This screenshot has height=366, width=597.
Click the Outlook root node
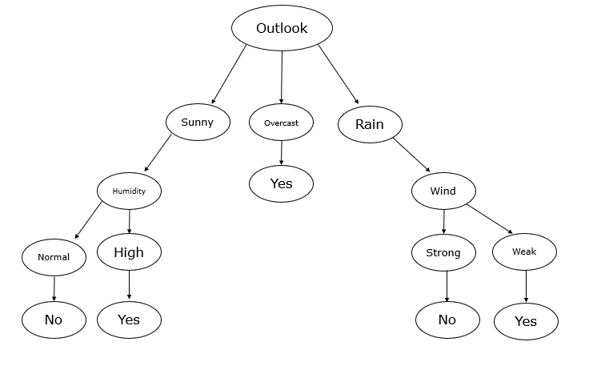tap(281, 28)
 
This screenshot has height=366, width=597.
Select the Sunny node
tap(198, 123)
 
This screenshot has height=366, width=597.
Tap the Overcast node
tap(281, 123)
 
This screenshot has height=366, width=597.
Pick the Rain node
tap(369, 124)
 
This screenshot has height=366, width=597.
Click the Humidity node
tap(129, 191)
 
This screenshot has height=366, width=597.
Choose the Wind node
tap(443, 191)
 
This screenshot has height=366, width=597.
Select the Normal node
tap(54, 257)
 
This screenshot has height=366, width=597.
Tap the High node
tap(129, 253)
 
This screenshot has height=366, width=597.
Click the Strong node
tap(443, 253)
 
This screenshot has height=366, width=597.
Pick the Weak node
tap(524, 252)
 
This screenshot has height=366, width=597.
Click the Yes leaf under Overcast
tap(281, 183)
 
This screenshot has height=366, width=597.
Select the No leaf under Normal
tap(54, 320)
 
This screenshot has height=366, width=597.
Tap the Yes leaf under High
tap(129, 320)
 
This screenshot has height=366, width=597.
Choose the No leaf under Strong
tap(447, 320)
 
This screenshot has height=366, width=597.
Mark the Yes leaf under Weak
tap(526, 322)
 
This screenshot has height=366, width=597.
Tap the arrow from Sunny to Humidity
tap(158, 155)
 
